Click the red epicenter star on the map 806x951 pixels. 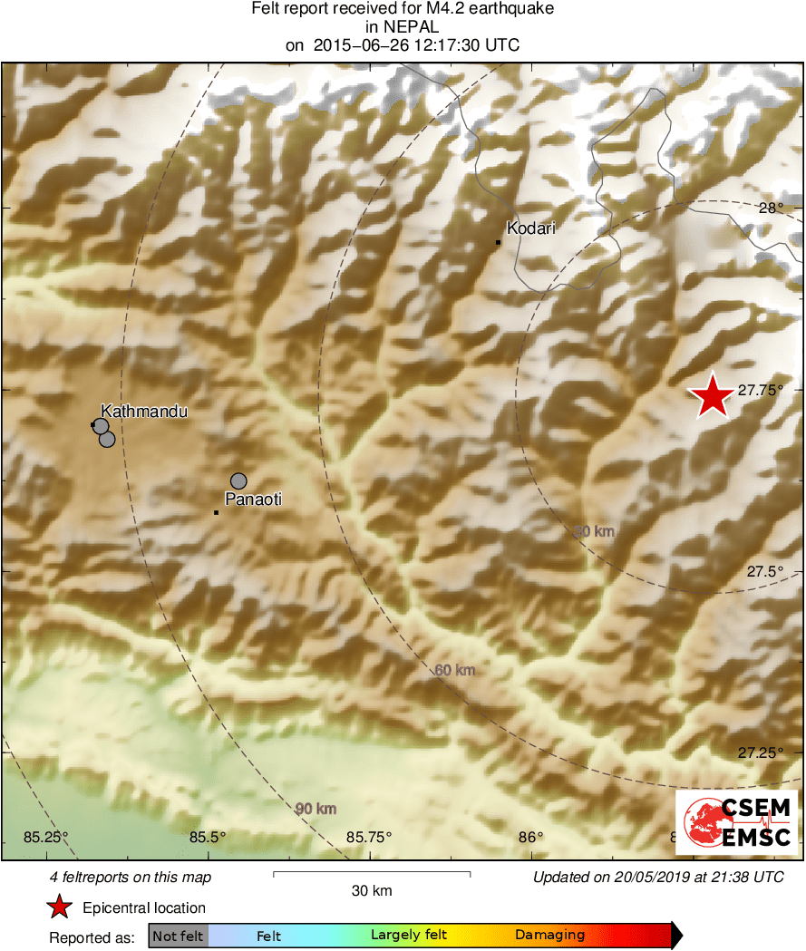712,396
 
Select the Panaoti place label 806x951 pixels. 253,499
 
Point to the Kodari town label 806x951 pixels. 530,228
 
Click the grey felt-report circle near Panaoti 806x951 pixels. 238,480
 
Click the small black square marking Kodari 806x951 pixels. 498,242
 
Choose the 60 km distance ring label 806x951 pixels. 454,670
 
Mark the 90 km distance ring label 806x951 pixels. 316,809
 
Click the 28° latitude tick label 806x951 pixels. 772,208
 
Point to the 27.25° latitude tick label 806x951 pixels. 760,752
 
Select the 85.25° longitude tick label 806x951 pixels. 46,837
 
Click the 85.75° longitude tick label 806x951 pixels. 369,837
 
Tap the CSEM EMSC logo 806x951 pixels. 736,821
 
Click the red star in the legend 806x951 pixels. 59,907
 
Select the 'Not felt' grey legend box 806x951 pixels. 178,936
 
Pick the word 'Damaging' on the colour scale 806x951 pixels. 549,935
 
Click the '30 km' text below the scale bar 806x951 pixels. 372,891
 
